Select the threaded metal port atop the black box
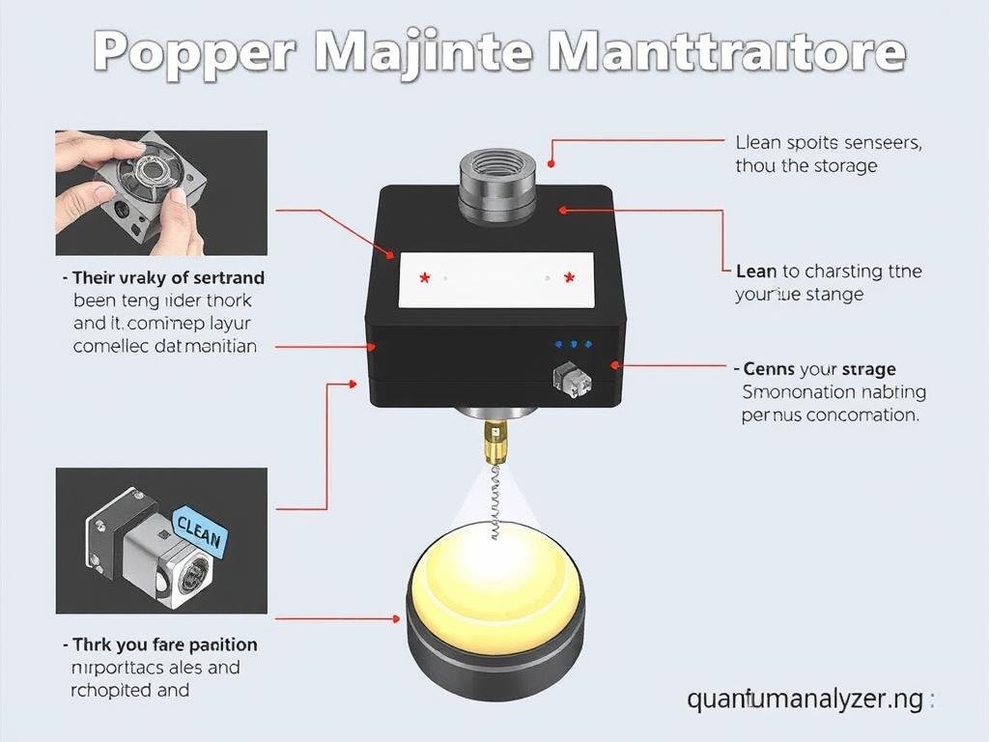[496, 183]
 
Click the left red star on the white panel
[424, 278]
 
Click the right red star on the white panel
[569, 278]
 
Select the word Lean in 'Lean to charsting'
[756, 271]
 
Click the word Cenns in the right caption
[770, 369]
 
